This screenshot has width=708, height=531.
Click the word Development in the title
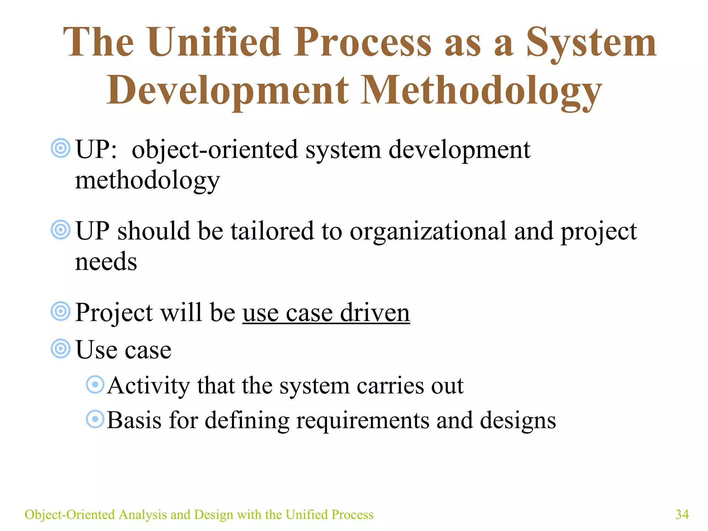[227, 91]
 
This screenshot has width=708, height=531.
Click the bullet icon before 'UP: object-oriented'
[60, 148]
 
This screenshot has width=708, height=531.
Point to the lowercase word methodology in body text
[147, 180]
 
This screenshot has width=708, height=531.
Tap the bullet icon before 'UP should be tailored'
[60, 230]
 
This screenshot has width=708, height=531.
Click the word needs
[106, 262]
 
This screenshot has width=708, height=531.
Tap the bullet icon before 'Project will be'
[60, 311]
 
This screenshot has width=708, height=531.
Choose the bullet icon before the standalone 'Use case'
[60, 348]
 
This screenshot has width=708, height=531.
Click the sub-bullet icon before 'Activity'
[95, 384]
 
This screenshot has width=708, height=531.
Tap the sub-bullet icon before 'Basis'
[95, 419]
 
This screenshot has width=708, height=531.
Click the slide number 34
[682, 514]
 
